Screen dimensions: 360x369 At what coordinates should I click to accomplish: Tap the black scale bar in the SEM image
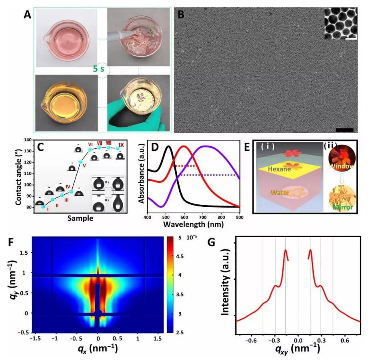point(345,130)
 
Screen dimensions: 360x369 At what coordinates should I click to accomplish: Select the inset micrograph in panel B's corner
point(341,24)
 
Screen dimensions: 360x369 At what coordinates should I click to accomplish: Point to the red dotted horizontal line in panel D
point(185,166)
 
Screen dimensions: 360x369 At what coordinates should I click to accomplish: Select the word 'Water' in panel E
point(282,193)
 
